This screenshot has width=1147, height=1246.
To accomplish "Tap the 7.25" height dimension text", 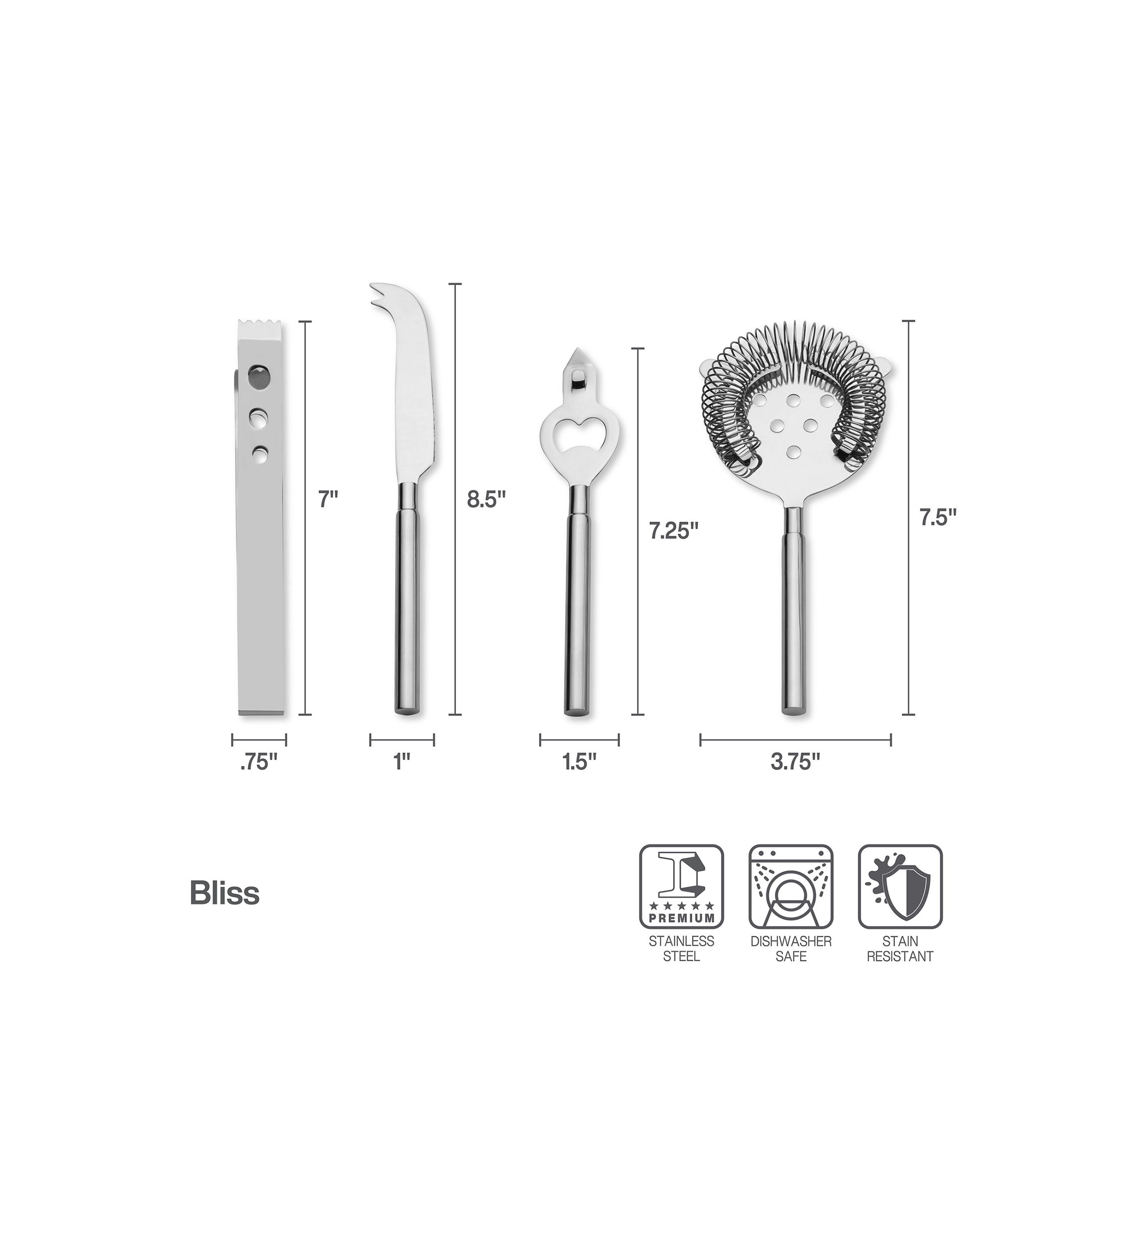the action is click(x=674, y=530).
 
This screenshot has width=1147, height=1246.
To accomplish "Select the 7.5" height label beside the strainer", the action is click(x=938, y=517).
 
